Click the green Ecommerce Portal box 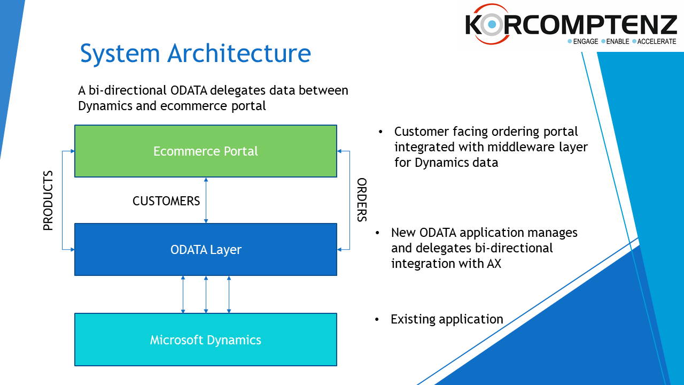206,151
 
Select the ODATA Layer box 206,249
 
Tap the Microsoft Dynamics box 206,340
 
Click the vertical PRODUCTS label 48,201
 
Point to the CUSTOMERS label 166,201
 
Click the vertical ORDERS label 362,200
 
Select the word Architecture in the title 239,53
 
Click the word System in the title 120,54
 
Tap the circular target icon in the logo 492,24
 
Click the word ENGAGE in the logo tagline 585,42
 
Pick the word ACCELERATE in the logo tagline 657,42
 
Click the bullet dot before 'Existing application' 377,320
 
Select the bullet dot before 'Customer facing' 380,132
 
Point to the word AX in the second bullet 494,264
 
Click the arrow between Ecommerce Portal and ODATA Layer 206,200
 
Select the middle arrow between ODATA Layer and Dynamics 206,295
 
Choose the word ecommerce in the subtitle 193,106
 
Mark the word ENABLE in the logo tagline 617,42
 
